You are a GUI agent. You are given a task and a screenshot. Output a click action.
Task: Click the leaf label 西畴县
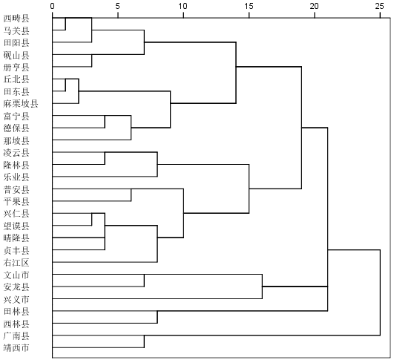coord(16,19)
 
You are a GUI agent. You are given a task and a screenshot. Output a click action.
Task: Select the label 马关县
coord(16,30)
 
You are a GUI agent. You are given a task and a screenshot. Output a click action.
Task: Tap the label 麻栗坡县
coord(21,104)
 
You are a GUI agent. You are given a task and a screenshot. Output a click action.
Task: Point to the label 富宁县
coord(16,116)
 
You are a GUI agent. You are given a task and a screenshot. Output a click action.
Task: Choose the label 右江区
coord(16,263)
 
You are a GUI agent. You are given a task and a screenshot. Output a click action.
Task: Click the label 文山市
coord(16,275)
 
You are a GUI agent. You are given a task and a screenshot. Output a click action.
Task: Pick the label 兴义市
coord(16,299)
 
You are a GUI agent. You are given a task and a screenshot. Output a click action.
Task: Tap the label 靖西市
coord(16,348)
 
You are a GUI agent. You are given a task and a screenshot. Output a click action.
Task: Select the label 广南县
coord(16,336)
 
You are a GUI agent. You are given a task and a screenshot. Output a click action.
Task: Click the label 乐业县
coord(16,177)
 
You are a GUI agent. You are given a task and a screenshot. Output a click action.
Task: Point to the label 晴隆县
coord(16,238)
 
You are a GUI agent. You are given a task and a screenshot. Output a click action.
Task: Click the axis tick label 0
coord(52,6)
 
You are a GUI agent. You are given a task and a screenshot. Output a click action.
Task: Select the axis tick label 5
coord(117,6)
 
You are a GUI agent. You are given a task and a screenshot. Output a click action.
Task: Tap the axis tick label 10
coord(183,6)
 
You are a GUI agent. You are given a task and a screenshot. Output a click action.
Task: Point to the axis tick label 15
coord(249,6)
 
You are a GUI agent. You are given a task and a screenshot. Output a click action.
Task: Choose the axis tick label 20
coord(315,6)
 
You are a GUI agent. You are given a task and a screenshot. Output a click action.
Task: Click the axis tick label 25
coord(380,6)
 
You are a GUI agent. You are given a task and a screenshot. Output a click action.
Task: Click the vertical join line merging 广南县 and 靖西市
coord(144,341)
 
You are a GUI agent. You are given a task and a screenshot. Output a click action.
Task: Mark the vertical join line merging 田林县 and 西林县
coord(157,317)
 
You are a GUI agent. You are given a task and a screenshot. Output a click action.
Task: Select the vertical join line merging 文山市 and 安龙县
coord(144,281)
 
